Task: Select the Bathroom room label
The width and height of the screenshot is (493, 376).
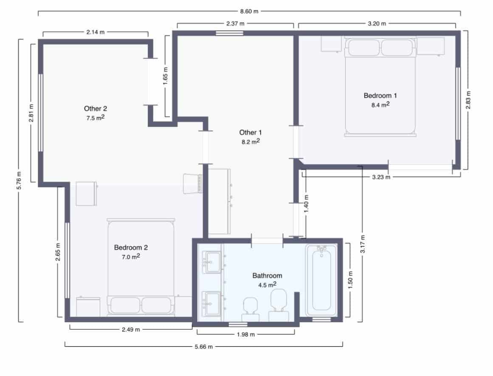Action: (267, 275)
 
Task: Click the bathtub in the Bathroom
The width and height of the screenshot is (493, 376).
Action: (321, 281)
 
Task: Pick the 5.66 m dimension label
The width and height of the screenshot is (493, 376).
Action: (203, 347)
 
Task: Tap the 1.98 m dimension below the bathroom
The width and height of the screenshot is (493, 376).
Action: (246, 334)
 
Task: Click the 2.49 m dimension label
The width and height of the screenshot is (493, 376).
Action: (131, 330)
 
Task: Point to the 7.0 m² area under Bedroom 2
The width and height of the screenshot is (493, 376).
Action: (131, 257)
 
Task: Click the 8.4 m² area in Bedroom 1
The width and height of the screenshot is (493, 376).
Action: (380, 104)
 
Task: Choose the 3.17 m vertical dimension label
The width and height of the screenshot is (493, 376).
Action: (362, 244)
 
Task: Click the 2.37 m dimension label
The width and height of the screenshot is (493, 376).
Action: (235, 24)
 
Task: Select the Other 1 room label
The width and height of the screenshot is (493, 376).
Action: (251, 132)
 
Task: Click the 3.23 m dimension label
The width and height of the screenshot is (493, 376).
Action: (381, 177)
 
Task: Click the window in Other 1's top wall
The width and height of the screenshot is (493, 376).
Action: (229, 33)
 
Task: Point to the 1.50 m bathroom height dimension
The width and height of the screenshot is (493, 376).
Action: (350, 280)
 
